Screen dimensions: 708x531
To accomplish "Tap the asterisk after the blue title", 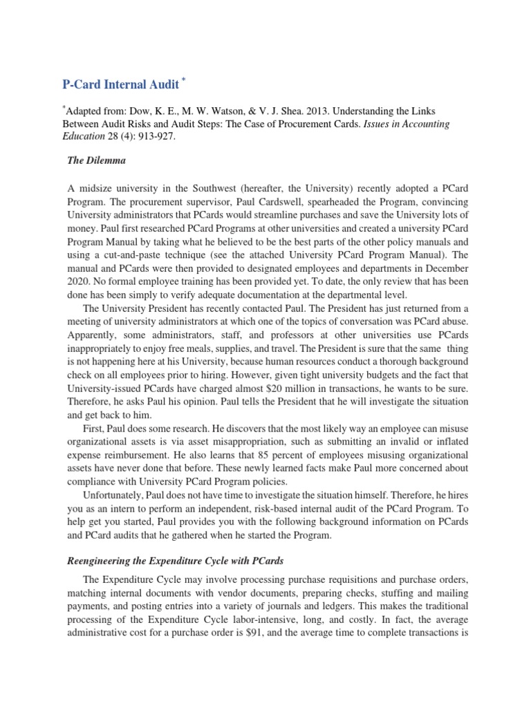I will coord(184,81).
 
